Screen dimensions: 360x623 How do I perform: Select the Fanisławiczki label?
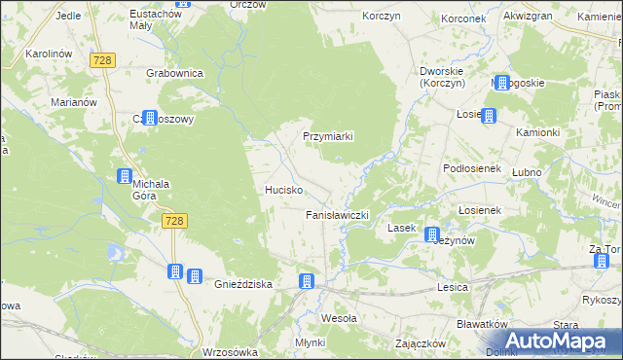pyautogui.click(x=337, y=214)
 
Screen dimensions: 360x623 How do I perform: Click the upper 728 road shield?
pyautogui.click(x=103, y=60)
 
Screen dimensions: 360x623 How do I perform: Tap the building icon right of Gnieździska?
pyautogui.click(x=307, y=282)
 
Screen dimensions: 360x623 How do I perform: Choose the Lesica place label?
pyautogui.click(x=454, y=287)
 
